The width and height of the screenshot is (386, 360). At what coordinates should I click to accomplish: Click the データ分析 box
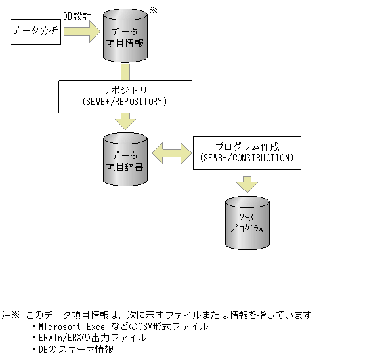pyautogui.click(x=36, y=31)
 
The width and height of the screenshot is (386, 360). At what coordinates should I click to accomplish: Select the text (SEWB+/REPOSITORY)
pyautogui.click(x=125, y=102)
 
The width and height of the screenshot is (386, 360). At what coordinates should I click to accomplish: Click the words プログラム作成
pyautogui.click(x=247, y=146)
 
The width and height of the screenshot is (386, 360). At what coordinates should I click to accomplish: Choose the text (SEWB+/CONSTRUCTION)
pyautogui.click(x=247, y=158)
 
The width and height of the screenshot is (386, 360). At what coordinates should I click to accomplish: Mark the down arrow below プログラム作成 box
pyautogui.click(x=247, y=183)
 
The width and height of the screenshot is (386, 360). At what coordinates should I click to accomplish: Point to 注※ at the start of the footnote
pyautogui.click(x=11, y=315)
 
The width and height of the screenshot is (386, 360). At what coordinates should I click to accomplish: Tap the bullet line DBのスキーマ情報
pyautogui.click(x=72, y=350)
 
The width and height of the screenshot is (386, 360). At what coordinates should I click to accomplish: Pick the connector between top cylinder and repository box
pyautogui.click(x=125, y=71)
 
